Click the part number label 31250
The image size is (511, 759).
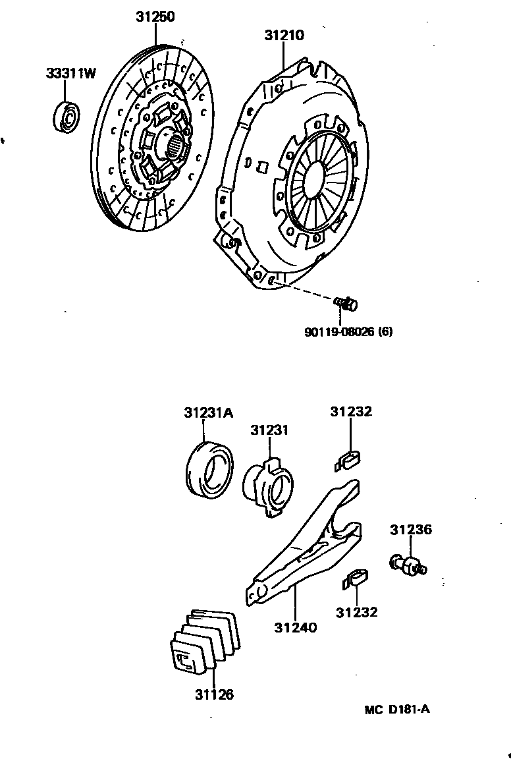155,17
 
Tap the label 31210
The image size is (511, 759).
284,35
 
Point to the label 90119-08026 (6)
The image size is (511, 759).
348,332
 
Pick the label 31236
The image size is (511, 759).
410,530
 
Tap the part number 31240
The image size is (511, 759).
296,627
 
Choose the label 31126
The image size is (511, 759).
214,694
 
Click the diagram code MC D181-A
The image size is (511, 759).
398,710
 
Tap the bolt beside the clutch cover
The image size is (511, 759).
346,303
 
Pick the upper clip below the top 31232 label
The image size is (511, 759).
350,459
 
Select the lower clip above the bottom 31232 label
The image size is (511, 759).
356,580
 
